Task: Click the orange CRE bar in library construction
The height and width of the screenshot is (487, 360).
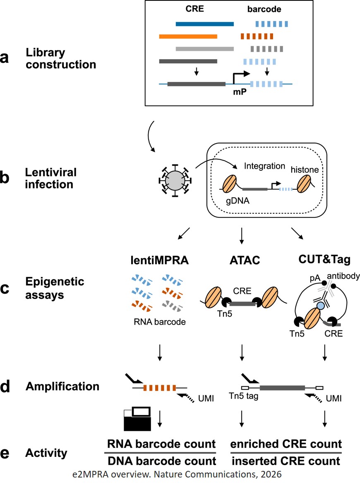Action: click(188, 36)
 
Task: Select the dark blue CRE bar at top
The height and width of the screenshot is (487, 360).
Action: click(204, 24)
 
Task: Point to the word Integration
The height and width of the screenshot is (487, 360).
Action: click(264, 166)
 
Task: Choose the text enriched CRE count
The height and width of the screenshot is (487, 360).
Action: click(286, 444)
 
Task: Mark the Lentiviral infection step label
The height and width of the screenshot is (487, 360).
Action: click(49, 178)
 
